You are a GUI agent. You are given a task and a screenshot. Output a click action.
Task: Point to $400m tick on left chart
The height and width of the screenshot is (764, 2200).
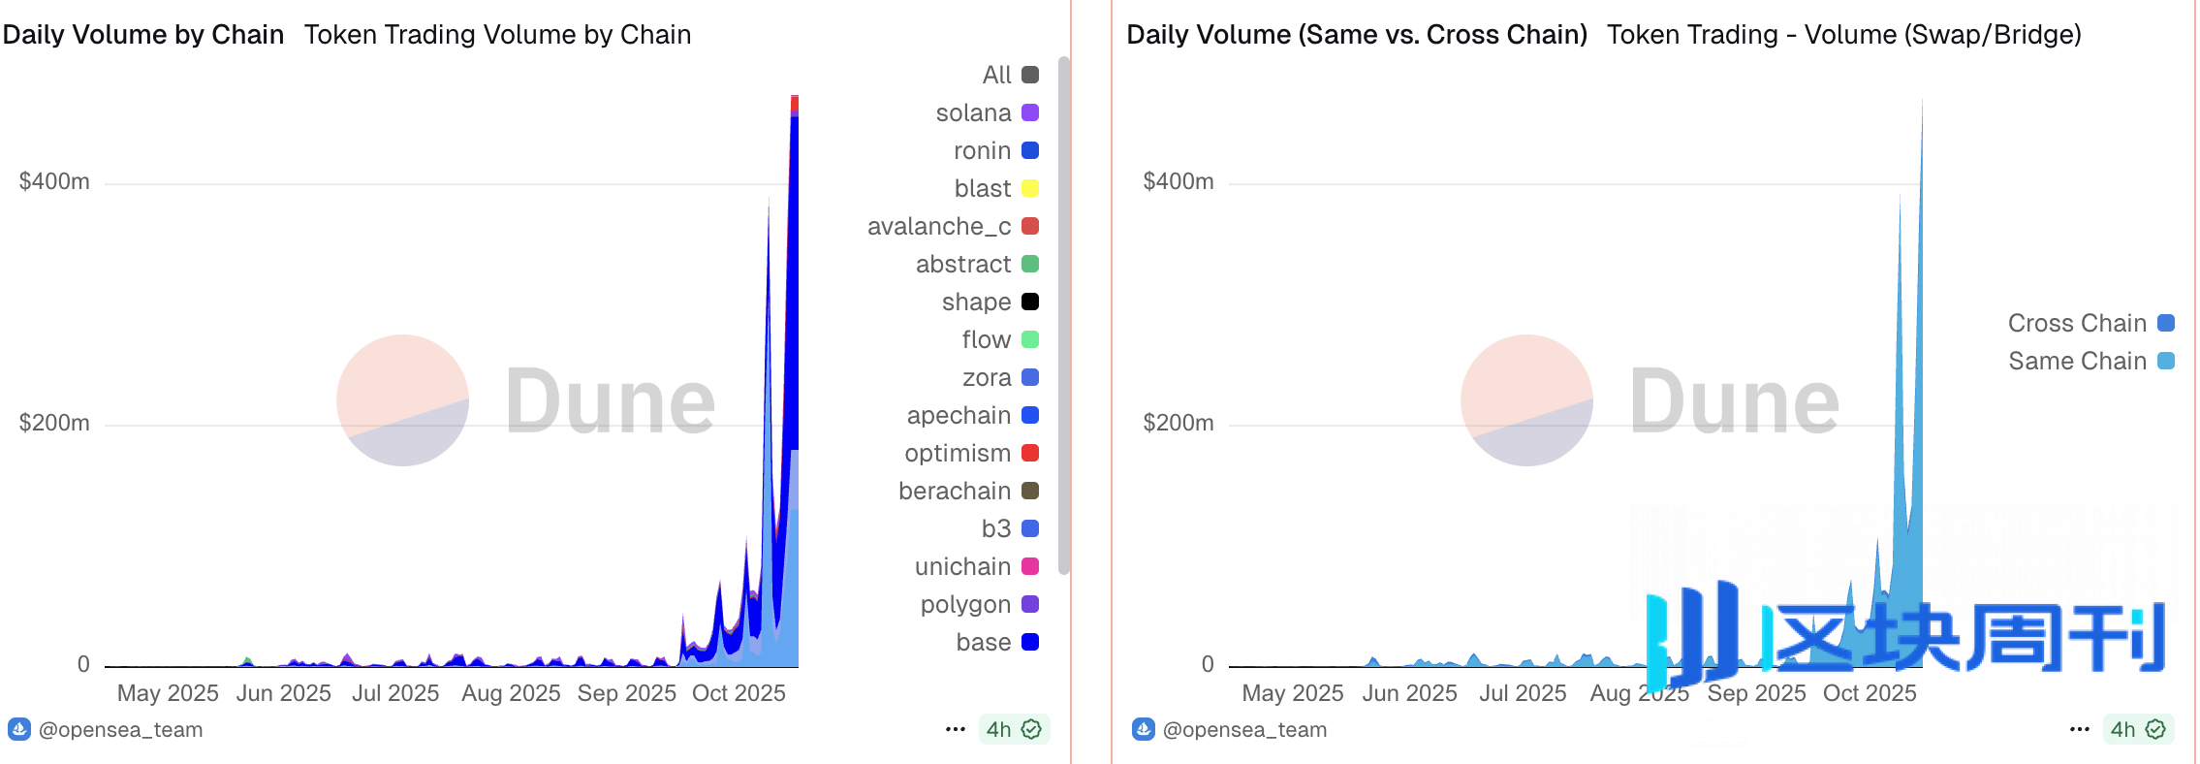[x=54, y=182]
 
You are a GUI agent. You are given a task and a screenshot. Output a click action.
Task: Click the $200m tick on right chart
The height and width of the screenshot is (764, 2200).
[x=1179, y=424]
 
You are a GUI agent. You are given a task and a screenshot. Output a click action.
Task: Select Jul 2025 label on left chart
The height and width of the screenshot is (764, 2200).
[x=395, y=694]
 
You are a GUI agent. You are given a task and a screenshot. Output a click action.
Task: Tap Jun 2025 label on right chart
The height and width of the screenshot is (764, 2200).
[x=1409, y=694]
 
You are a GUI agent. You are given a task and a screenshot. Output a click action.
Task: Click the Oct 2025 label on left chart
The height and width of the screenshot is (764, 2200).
[x=739, y=694]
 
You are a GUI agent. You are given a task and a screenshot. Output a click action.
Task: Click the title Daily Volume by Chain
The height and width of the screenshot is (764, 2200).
[x=143, y=35]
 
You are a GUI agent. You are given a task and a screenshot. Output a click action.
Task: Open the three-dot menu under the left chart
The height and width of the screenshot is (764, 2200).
[x=956, y=730]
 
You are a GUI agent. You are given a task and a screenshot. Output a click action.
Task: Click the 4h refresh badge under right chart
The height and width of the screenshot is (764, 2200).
[x=2138, y=730]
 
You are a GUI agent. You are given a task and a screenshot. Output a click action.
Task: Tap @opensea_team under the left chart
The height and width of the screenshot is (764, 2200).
[x=120, y=730]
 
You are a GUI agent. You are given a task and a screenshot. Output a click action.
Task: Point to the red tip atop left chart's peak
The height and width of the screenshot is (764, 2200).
[x=795, y=102]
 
